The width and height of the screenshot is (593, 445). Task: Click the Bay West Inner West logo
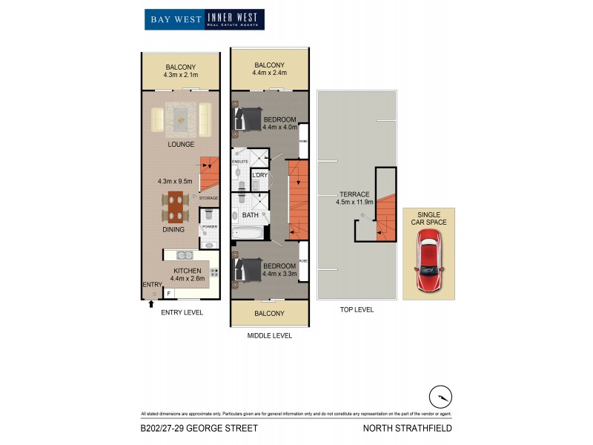[x=204, y=19]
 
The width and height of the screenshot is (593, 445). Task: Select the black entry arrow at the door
[x=151, y=303]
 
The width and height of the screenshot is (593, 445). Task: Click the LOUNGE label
[x=180, y=144]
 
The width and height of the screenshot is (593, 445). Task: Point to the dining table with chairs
[x=176, y=207]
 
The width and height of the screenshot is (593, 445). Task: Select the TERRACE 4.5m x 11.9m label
[x=352, y=198]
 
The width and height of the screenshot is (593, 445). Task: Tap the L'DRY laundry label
[x=259, y=175]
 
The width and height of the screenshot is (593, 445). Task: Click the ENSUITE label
[x=239, y=161]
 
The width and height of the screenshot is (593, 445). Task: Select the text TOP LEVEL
[x=357, y=309]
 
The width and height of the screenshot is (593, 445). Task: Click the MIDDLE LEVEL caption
[x=270, y=335]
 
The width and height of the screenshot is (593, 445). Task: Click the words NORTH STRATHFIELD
[x=407, y=428]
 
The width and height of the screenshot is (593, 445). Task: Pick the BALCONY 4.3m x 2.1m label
[x=181, y=70]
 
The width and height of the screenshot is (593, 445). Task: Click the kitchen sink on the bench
[x=184, y=255]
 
